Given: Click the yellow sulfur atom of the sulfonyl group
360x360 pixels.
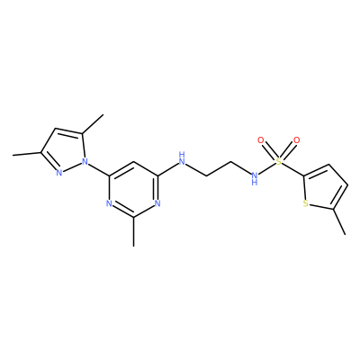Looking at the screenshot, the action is point(279,162).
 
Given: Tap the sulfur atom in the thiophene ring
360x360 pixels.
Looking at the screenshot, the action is point(306,204).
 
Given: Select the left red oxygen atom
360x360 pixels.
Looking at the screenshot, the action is point(261,140).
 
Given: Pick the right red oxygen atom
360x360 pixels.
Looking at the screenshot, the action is point(297,140).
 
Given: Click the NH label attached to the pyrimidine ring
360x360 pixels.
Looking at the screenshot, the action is point(182,159).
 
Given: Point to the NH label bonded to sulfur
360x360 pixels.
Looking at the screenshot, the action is point(255,177).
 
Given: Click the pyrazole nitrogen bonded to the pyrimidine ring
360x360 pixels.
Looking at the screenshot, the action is point(85,162).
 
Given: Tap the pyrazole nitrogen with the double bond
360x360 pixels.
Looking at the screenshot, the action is point(59,172).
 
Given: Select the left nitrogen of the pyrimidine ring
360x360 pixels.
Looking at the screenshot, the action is point(109,204).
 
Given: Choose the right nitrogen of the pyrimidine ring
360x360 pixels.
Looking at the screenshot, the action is point(157,204).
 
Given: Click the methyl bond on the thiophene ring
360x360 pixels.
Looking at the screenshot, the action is point(339,221).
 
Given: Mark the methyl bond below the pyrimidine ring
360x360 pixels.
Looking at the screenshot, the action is point(133,232).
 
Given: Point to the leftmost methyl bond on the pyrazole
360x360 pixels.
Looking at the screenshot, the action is point(27,154).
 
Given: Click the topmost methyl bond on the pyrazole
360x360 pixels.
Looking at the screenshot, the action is point(93,124).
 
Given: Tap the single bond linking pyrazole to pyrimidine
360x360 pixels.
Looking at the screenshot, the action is point(99,169).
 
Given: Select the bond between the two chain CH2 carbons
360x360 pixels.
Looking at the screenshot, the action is point(218,169).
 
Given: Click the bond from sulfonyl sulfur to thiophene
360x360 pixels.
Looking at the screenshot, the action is point(292,169).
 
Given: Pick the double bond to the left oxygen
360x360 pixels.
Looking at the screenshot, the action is point(270,151).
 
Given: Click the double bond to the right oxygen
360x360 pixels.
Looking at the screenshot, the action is point(288,151).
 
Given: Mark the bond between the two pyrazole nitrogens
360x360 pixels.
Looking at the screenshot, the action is point(72,167).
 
